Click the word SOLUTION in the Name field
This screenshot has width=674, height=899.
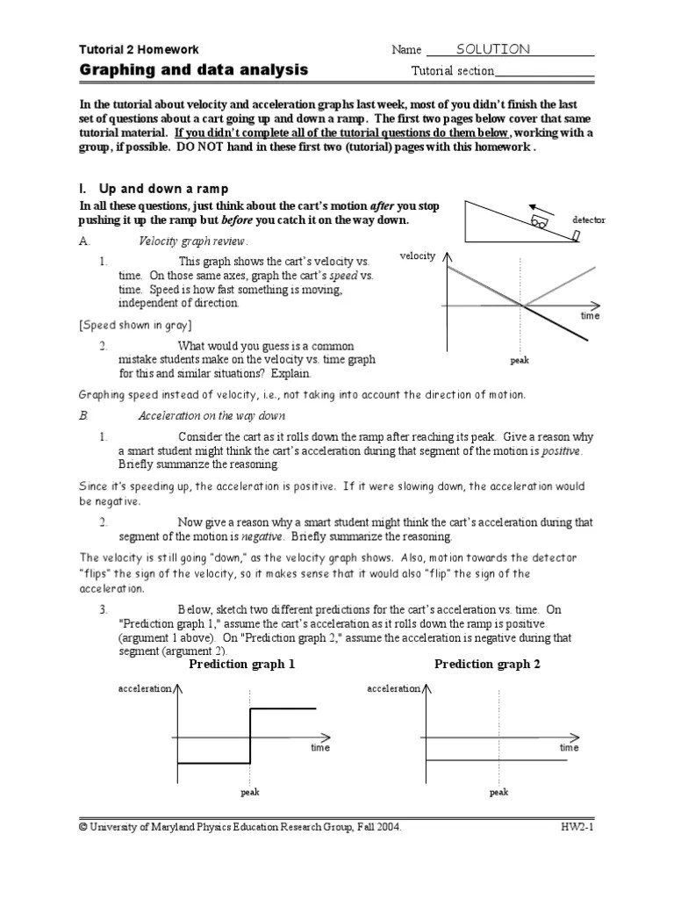[x=492, y=49]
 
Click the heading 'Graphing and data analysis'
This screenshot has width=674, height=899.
[x=194, y=69]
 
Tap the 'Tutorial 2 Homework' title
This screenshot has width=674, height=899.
[x=140, y=50]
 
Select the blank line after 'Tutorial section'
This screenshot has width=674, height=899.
[x=544, y=71]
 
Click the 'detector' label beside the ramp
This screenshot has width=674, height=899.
[x=588, y=219]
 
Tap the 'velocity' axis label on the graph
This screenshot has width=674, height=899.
[x=417, y=255]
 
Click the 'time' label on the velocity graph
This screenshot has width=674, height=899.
[x=590, y=316]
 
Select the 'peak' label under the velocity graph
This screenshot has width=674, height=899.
[x=520, y=360]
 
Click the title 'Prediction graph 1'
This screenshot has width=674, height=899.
[x=242, y=665]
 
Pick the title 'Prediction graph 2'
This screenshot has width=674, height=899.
[x=487, y=665]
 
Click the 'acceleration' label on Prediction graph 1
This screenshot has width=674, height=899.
[x=145, y=689]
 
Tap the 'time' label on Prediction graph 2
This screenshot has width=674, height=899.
[x=570, y=748]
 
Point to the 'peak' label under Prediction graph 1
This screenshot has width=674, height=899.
[x=251, y=792]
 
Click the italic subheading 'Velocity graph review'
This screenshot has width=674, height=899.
[x=194, y=241]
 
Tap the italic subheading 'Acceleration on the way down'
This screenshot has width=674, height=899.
[x=212, y=415]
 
